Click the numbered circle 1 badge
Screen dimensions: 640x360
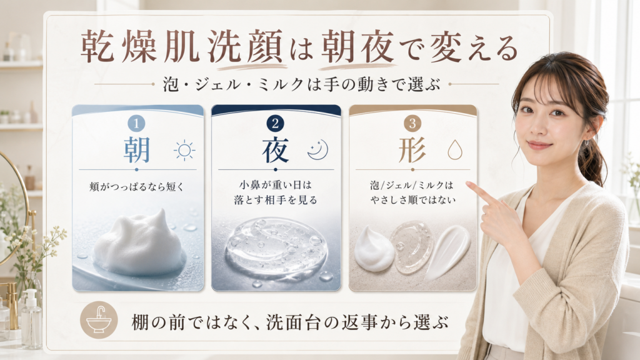tap(136, 123)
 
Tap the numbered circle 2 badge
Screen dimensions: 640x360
tap(275, 123)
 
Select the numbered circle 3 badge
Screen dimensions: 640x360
tap(412, 123)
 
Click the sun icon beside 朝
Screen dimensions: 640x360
tap(184, 150)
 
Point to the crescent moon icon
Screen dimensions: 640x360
tap(317, 150)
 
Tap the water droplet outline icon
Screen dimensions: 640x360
tap(455, 150)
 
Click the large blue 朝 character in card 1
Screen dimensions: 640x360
tap(137, 150)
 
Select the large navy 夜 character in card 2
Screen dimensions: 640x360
tap(276, 150)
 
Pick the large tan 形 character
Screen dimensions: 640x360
tap(412, 150)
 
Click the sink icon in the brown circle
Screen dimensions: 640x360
tap(99, 320)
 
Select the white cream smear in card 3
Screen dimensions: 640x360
tap(447, 252)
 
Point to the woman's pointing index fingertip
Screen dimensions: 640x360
tap(467, 185)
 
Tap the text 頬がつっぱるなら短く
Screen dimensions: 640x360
tap(137, 187)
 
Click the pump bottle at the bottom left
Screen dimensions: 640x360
tap(31, 318)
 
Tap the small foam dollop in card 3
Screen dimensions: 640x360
tap(373, 249)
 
